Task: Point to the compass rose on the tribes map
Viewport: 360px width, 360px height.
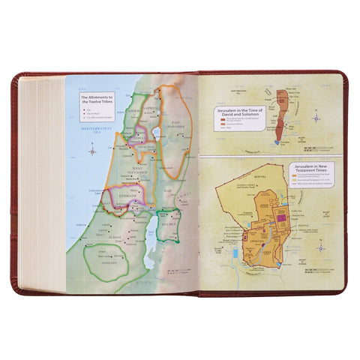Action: pyautogui.click(x=91, y=151)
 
